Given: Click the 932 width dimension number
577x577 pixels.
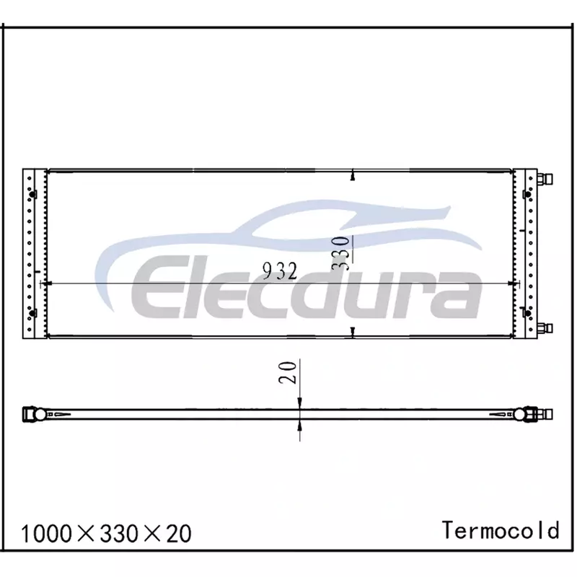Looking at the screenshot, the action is pos(280,272).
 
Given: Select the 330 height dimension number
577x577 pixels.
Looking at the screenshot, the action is pos(340,253).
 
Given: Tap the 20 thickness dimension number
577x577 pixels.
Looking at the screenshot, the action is pos(288,373).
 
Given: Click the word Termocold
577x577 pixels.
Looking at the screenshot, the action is pos(501,530).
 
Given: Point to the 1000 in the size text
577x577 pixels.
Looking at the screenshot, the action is pos(47,534).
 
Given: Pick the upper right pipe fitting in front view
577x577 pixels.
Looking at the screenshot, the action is pos(545,180).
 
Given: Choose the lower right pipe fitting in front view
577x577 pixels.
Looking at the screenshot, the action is pos(545,327).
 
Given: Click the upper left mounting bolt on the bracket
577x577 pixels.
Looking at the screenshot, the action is pos(33,194).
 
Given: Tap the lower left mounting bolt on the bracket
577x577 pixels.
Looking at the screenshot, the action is pos(33,313).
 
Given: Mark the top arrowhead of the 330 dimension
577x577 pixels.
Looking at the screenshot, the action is pos(353,177).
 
